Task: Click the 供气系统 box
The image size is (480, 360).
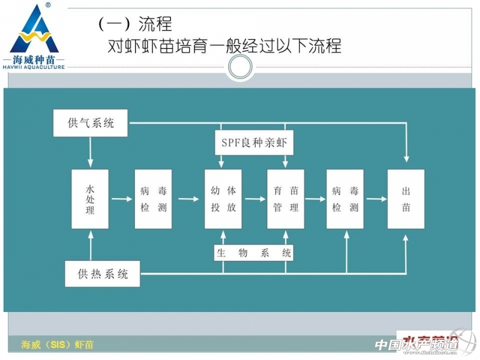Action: coord(91,124)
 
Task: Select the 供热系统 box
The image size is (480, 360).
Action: coord(103,275)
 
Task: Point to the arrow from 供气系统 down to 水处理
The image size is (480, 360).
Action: coord(90,152)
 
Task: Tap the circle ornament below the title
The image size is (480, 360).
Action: coord(240,68)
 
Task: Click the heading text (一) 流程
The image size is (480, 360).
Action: coord(135,24)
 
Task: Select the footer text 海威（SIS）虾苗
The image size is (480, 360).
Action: coord(58,345)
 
